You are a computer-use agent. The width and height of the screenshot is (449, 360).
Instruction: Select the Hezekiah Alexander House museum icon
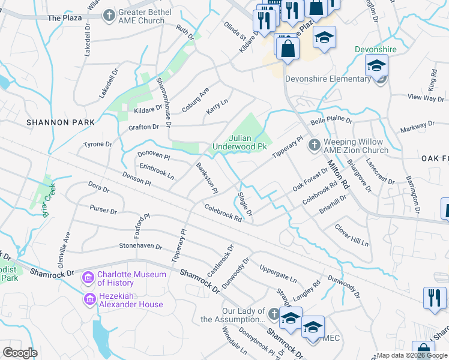point(89,299)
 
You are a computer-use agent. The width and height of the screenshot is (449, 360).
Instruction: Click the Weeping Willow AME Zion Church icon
point(313,145)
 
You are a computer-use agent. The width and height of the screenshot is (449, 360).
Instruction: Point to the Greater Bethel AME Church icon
point(109,15)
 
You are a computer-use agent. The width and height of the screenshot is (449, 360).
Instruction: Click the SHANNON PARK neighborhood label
point(61,122)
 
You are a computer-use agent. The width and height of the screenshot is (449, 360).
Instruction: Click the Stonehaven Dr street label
point(140,246)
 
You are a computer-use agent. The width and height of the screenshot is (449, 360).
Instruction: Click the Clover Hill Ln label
point(351,235)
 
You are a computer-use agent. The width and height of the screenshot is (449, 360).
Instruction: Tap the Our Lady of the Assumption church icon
point(274,314)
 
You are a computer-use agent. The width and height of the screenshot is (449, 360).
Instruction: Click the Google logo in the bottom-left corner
point(20,352)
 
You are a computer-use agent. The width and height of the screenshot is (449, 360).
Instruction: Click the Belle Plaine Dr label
point(331,121)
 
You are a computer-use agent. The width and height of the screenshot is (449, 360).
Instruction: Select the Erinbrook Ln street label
point(156,172)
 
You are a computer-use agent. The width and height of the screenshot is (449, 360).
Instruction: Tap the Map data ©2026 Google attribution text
point(412,355)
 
